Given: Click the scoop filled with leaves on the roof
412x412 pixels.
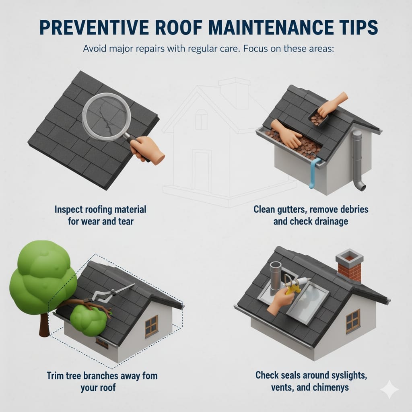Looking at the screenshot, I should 317,118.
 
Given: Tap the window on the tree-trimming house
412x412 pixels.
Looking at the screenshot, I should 151,326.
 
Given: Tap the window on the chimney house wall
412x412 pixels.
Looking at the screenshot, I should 352,321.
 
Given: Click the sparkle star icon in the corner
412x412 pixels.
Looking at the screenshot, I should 389,389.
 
